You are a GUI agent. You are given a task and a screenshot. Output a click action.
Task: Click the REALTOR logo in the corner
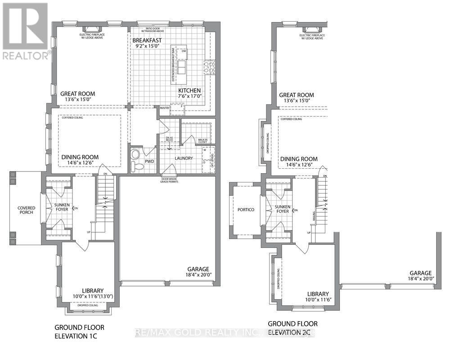click(25, 31)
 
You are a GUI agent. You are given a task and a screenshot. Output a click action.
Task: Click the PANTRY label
click(165, 108)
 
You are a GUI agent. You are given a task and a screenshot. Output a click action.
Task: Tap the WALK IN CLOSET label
click(202, 140)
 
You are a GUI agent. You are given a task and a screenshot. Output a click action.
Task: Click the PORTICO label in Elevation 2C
click(246, 210)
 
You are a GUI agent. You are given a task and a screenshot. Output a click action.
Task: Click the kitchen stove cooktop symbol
click(209, 67)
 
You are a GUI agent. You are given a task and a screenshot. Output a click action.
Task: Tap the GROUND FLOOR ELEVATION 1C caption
click(79, 331)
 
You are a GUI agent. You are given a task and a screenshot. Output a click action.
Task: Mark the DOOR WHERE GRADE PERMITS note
click(169, 180)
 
